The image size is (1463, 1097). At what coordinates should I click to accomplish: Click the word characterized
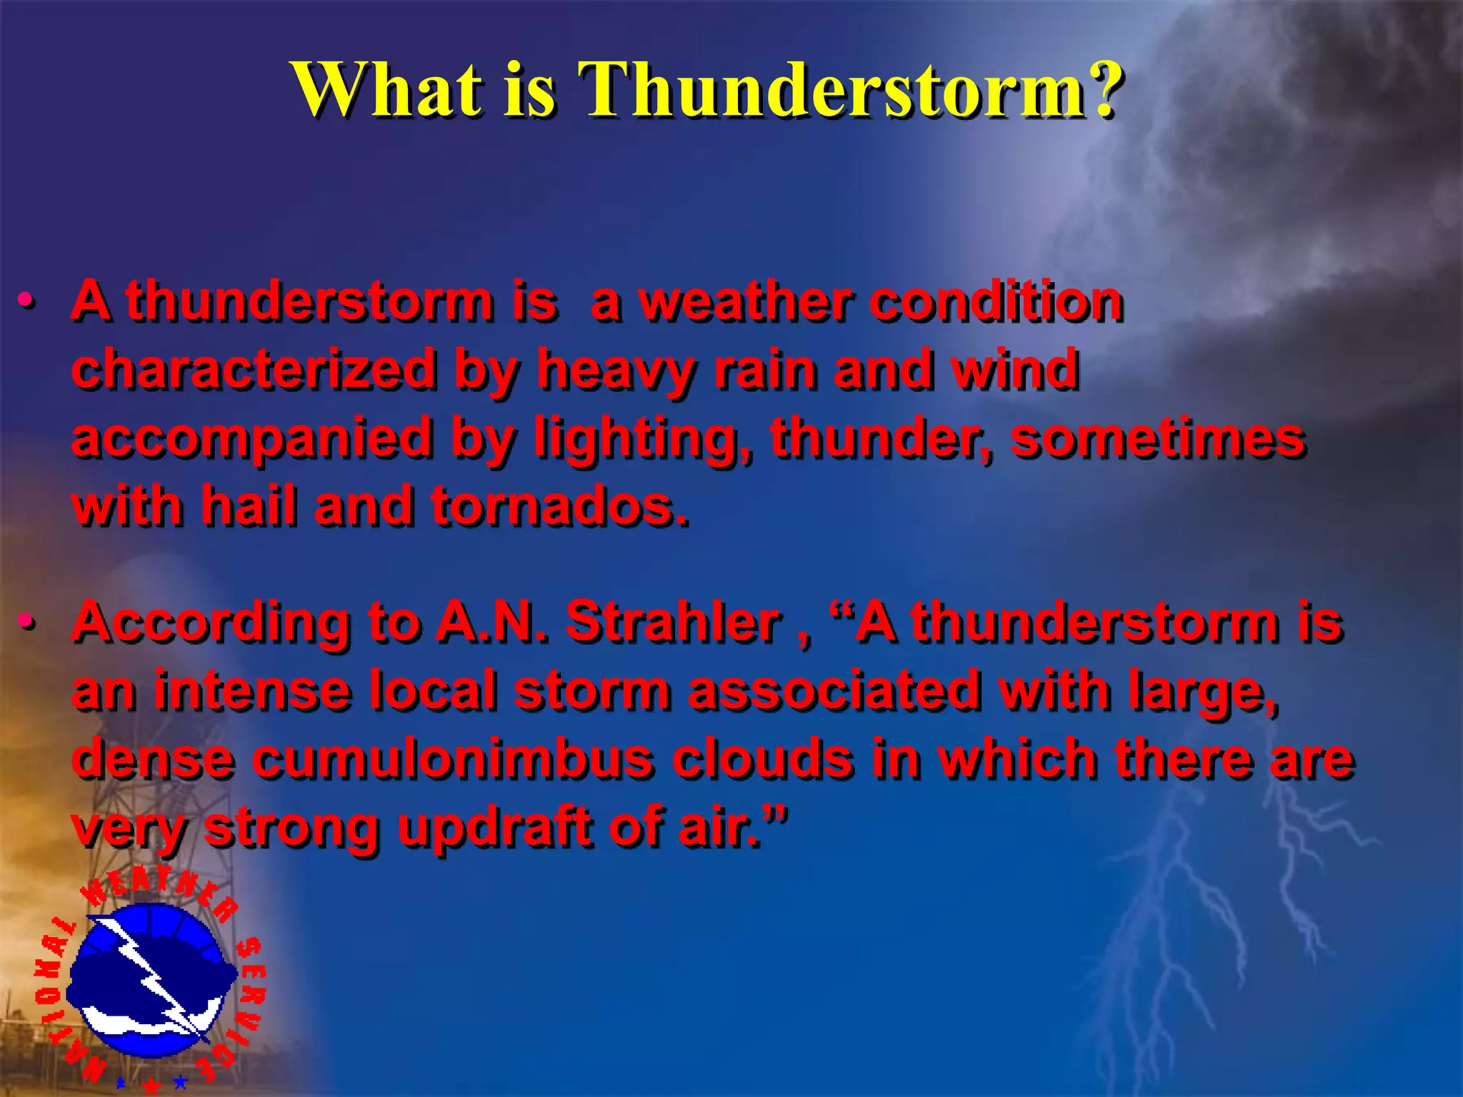pyautogui.click(x=254, y=369)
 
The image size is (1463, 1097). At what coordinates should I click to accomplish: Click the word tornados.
pyautogui.click(x=560, y=506)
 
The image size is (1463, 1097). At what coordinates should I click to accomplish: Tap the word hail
pyautogui.click(x=249, y=505)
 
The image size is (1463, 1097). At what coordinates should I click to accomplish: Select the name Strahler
pyautogui.click(x=672, y=622)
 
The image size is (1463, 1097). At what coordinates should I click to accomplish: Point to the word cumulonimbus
pyautogui.click(x=453, y=759)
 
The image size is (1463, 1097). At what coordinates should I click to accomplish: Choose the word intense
pyautogui.click(x=254, y=691)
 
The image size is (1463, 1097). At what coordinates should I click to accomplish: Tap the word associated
pyautogui.click(x=833, y=691)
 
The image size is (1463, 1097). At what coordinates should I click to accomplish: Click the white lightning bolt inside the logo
pyautogui.click(x=153, y=975)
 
